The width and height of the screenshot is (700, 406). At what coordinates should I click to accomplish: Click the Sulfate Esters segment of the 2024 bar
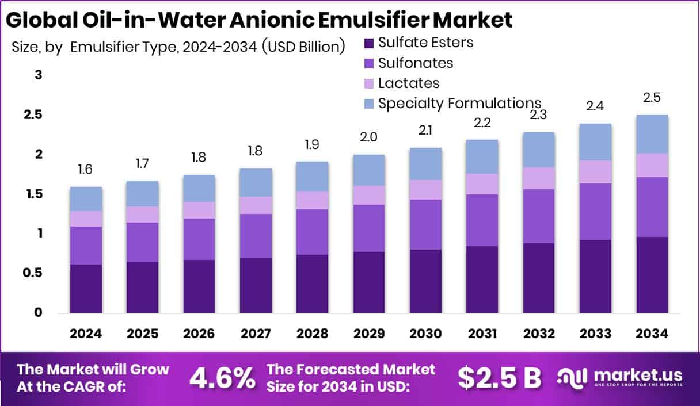[86, 288]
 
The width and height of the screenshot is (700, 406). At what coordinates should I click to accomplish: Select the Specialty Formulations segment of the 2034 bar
[652, 134]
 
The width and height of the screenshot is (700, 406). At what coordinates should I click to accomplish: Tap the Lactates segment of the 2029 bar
[369, 195]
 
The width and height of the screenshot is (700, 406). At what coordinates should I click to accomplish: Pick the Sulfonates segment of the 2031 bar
[482, 220]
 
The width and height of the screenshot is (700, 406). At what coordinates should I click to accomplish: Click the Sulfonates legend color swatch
[369, 63]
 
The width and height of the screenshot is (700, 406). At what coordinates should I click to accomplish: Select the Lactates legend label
[409, 83]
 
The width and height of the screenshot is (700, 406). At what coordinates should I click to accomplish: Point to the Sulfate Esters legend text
[425, 42]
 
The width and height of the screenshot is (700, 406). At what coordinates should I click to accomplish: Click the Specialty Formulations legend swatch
[369, 104]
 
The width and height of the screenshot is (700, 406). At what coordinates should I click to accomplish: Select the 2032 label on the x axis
[539, 334]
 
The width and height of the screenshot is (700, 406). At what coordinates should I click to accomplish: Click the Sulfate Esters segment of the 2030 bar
[425, 281]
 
